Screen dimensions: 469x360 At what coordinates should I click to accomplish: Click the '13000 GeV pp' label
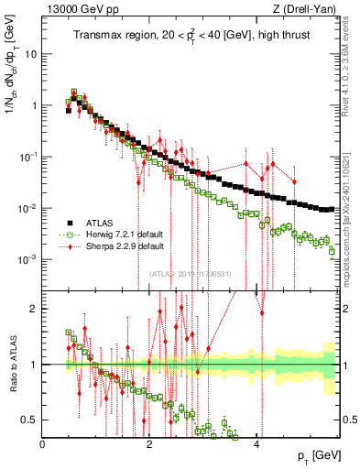[x=80, y=9]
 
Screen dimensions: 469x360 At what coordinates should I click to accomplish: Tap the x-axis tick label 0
[x=43, y=444]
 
